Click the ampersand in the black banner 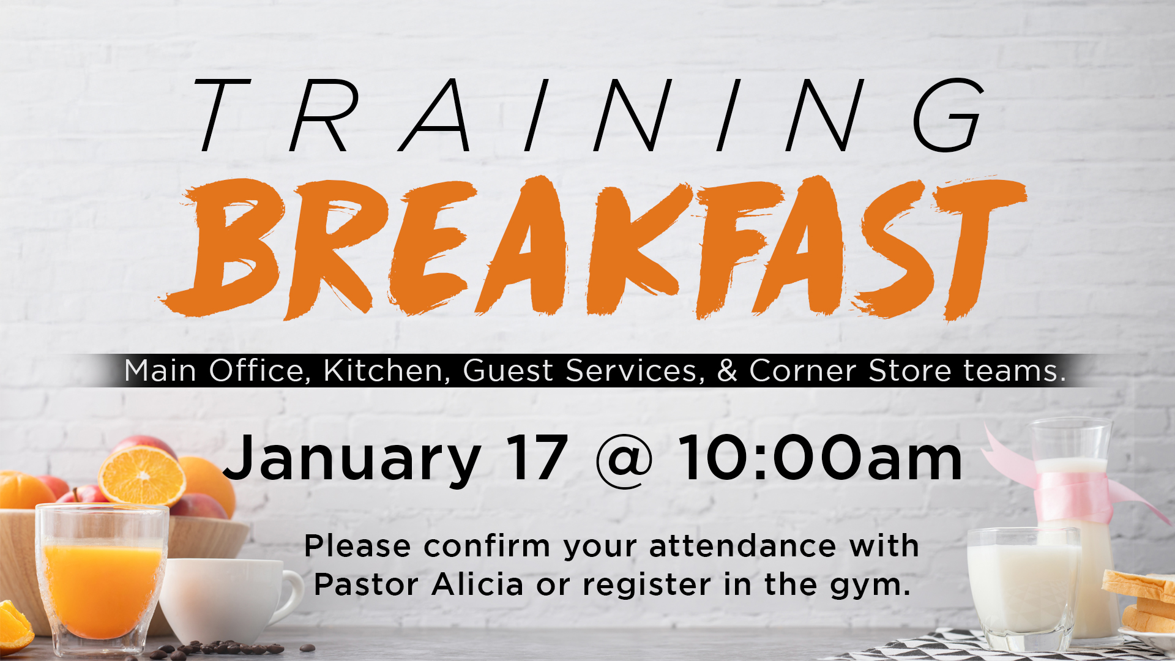[x=727, y=370]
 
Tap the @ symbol [x=624, y=460]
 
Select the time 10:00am [x=821, y=458]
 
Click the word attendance [x=742, y=546]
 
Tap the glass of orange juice [x=102, y=578]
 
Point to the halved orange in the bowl [x=142, y=476]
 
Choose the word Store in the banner [x=909, y=370]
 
